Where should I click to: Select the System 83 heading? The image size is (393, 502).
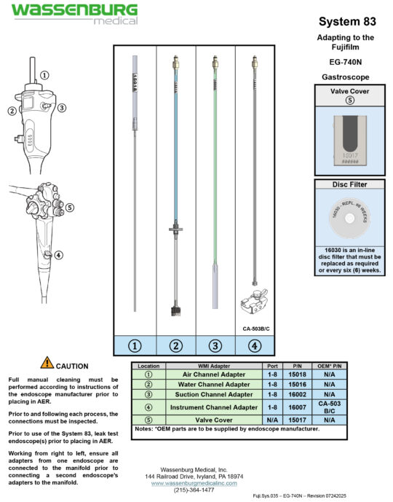pyautogui.click(x=346, y=21)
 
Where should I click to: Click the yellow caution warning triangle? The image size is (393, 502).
pyautogui.click(x=47, y=362)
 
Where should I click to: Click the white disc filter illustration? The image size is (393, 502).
pyautogui.click(x=349, y=218)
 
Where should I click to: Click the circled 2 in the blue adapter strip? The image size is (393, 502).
pyautogui.click(x=175, y=345)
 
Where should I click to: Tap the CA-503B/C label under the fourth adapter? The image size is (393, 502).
pyautogui.click(x=255, y=328)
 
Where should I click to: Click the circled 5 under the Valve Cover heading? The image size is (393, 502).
pyautogui.click(x=349, y=101)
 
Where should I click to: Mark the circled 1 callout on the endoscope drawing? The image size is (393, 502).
pyautogui.click(x=44, y=75)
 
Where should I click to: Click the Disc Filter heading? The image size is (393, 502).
pyautogui.click(x=349, y=184)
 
